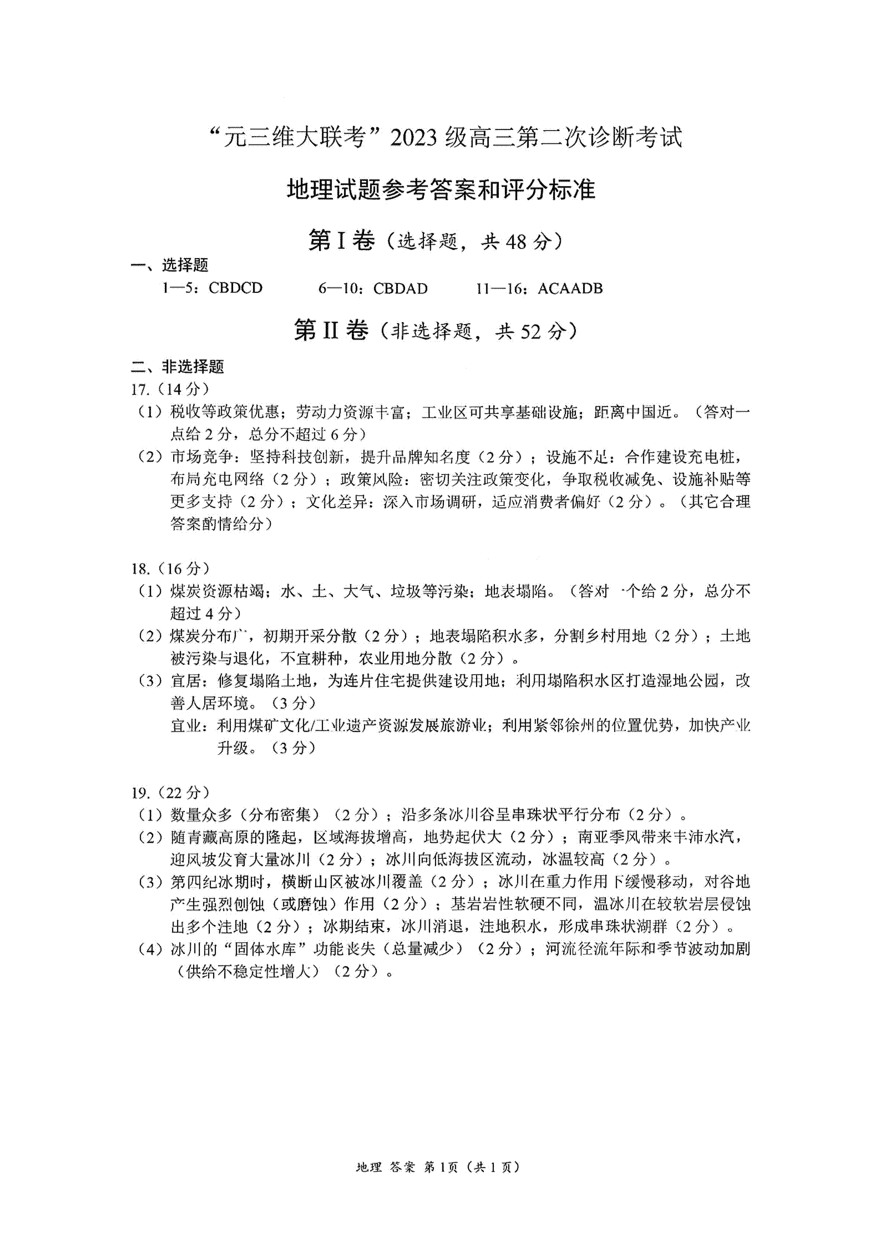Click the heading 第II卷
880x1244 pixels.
click(x=331, y=331)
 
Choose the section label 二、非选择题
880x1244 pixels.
click(x=177, y=367)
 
